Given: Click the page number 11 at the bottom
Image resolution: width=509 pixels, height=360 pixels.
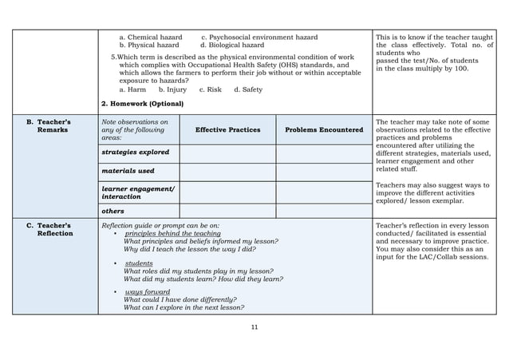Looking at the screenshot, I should point(254,326).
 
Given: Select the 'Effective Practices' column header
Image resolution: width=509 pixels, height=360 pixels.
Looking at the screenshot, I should point(227,129).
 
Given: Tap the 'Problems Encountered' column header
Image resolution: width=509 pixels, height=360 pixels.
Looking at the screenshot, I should point(324,129).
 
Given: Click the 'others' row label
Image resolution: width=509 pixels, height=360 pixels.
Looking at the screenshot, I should point(113,211).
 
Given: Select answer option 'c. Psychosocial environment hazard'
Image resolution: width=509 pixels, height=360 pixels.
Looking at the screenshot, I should point(258,38).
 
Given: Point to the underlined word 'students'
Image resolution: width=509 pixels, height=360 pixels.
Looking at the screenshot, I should point(139,263).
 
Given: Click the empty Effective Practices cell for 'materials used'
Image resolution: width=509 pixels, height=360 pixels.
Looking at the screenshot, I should point(227,171).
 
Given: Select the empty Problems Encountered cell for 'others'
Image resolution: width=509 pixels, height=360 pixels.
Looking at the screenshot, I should point(324,211).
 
